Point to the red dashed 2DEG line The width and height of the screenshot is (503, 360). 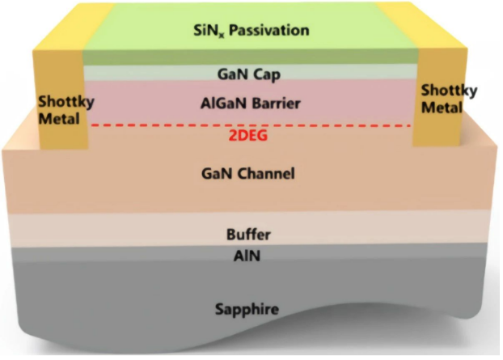(x=162, y=126)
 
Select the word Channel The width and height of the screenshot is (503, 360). (x=267, y=174)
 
